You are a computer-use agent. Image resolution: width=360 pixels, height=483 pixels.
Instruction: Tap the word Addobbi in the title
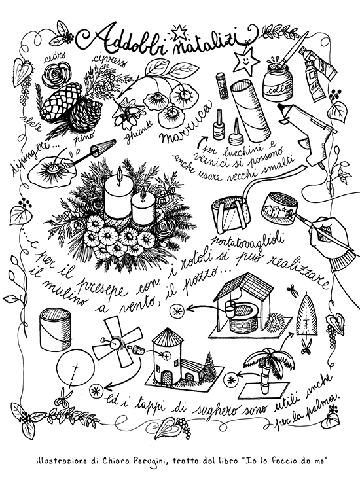coord(114,37)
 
